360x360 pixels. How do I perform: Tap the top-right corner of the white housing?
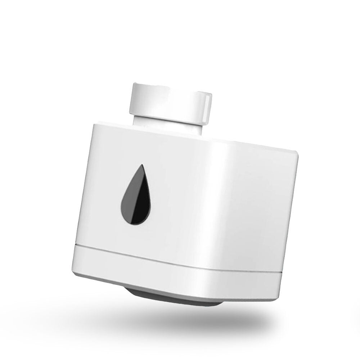point(297,153)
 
